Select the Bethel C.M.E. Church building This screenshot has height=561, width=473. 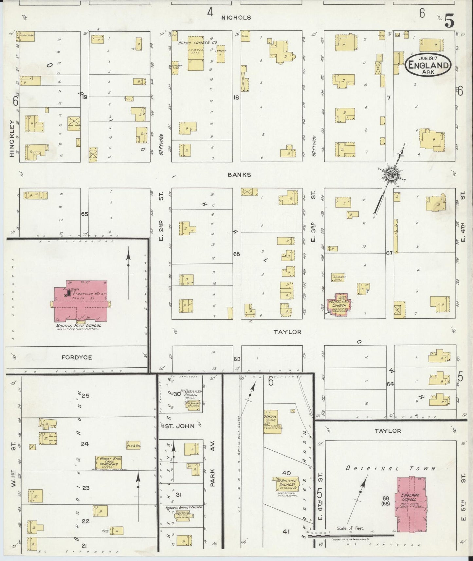click(340, 305)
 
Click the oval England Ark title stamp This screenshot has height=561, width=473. click(428, 65)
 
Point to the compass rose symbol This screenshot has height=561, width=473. click(392, 174)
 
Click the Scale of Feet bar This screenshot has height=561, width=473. click(352, 535)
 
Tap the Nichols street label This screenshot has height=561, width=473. click(236, 18)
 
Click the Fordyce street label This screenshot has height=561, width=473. click(77, 357)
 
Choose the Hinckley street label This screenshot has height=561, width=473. click(12, 139)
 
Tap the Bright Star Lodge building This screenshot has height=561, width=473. click(108, 462)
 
